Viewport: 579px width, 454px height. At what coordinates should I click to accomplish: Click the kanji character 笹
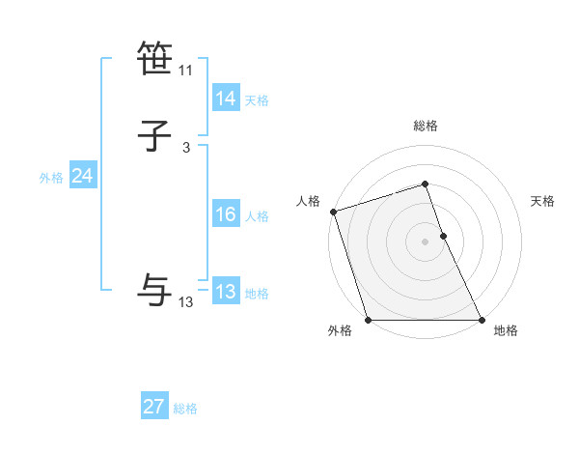(x=155, y=60)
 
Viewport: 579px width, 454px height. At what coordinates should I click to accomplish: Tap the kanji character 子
(x=155, y=136)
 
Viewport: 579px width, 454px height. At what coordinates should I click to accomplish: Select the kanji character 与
(x=155, y=291)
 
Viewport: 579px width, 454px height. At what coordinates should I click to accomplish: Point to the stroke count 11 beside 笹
(x=186, y=71)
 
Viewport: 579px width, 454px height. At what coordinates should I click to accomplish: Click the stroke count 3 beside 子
(x=186, y=148)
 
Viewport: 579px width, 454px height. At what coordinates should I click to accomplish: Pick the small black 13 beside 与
(x=186, y=302)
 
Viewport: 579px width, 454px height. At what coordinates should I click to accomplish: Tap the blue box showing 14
(x=225, y=99)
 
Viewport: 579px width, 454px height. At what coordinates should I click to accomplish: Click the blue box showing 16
(x=225, y=214)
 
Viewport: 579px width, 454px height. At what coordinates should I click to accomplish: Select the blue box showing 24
(x=82, y=176)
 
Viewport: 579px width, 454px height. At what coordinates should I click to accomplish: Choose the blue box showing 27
(x=154, y=407)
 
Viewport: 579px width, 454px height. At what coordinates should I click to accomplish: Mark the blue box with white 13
(x=225, y=292)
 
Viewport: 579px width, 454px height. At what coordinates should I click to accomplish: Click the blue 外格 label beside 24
(x=51, y=178)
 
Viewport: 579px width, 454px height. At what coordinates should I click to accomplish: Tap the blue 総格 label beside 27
(x=185, y=409)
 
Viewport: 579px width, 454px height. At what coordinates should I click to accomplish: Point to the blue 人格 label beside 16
(x=257, y=216)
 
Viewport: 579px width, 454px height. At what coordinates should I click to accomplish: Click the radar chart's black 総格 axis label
(x=425, y=127)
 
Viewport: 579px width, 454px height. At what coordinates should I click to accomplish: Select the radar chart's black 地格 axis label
(x=506, y=330)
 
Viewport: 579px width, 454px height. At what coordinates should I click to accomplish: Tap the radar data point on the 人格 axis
(x=333, y=212)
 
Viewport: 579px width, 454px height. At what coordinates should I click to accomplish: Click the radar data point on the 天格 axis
(x=443, y=236)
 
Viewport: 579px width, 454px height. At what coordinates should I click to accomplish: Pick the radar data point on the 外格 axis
(x=369, y=320)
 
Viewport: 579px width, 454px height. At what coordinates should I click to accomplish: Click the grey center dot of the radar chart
(x=425, y=241)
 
